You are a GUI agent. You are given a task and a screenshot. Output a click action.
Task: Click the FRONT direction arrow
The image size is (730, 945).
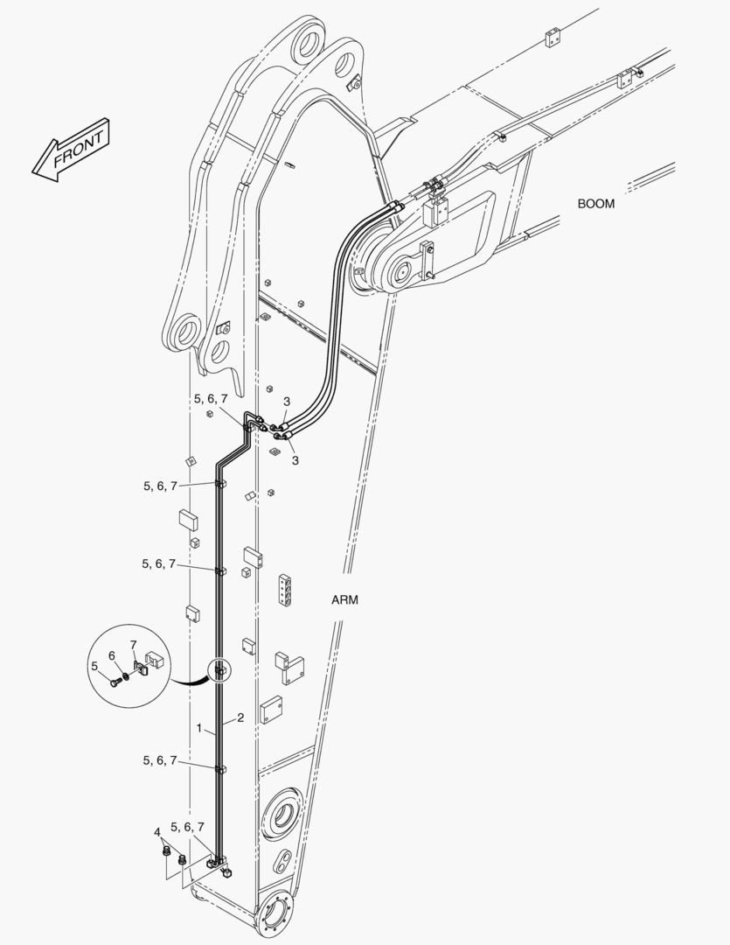[x=71, y=150]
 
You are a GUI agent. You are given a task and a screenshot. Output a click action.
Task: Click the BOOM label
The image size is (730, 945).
[x=596, y=204]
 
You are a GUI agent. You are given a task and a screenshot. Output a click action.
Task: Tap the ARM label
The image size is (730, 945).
[x=344, y=600]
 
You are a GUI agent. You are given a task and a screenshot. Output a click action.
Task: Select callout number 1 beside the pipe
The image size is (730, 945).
[x=199, y=729]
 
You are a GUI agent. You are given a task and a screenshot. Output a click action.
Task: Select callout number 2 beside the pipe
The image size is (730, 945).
[x=240, y=717]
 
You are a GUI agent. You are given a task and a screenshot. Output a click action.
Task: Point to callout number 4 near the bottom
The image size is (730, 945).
[x=157, y=833]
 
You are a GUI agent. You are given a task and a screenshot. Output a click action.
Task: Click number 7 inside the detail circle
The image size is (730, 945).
[x=133, y=646]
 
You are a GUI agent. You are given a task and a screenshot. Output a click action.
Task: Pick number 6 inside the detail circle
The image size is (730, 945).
[x=111, y=655]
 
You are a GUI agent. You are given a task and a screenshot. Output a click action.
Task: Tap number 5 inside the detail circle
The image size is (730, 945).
[x=94, y=666]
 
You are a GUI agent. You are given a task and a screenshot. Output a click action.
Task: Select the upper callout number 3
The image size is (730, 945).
[x=287, y=402]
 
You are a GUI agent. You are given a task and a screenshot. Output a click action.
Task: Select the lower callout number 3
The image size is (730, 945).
[x=295, y=460]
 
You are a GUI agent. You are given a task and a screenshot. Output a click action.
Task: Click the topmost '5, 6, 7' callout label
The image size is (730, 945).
[x=211, y=399]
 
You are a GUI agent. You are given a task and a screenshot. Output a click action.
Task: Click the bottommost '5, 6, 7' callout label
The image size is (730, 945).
[x=187, y=827]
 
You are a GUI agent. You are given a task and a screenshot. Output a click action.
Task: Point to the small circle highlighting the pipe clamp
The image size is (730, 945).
[x=219, y=670]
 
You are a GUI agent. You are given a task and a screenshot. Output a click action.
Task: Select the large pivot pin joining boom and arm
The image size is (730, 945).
[x=398, y=274]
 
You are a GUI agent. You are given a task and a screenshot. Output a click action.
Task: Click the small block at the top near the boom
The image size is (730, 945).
[x=553, y=38]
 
